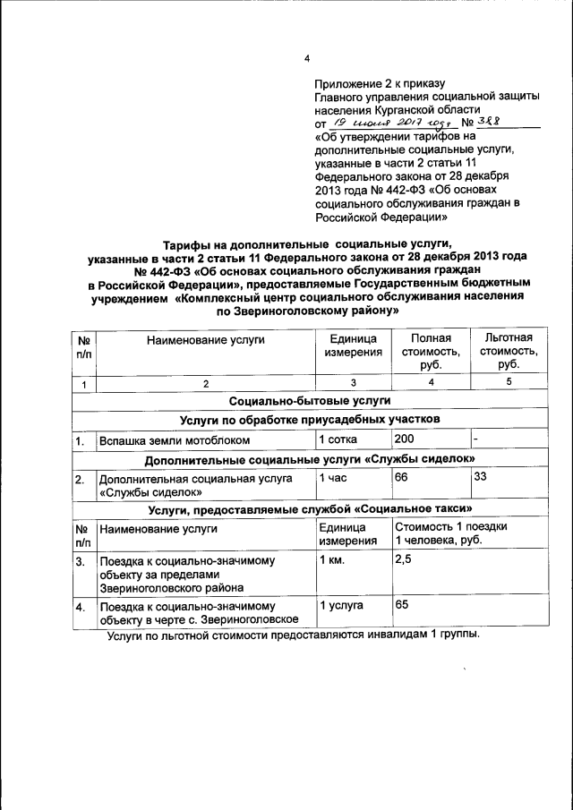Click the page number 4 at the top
pos(306,59)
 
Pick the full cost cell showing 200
pos(406,439)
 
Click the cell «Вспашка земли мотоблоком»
pos(181,441)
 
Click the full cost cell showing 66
pos(401,477)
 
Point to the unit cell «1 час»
pos(337,478)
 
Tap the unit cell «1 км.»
pos(337,560)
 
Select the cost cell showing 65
pos(402,605)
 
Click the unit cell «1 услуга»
pos(342,605)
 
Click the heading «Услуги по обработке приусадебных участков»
pos(309,420)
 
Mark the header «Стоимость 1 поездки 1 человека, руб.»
pos(451,533)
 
